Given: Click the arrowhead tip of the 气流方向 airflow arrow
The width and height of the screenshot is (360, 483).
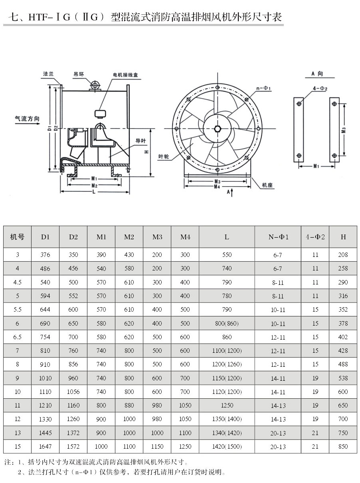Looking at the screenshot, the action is (40, 124).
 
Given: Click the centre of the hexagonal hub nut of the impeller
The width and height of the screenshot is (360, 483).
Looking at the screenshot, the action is (218, 129).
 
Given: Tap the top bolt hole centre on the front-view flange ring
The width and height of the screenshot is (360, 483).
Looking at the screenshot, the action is (218, 87).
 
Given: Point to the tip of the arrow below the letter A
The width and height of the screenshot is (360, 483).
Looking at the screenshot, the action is (231, 189).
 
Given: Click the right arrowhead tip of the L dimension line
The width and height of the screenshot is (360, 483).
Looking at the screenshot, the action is (129, 192).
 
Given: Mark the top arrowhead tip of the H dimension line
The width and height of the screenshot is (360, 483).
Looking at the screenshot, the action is (151, 129).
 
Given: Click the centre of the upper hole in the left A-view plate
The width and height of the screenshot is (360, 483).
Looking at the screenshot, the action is (299, 103).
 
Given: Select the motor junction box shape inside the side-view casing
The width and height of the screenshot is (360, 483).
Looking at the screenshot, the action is (100, 114).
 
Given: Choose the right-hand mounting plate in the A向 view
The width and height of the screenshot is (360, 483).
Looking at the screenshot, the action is (334, 130).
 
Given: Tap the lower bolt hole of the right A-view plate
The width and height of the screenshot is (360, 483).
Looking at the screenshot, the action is (334, 155).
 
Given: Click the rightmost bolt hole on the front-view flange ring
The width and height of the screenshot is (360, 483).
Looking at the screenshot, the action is (259, 129).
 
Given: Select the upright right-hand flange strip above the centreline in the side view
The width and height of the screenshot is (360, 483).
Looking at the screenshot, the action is (128, 107).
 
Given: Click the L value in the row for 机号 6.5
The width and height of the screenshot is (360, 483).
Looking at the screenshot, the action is (227, 337).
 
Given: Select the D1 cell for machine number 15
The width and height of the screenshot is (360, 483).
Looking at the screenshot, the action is (45, 446).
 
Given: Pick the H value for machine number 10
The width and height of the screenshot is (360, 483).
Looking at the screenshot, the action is (343, 392).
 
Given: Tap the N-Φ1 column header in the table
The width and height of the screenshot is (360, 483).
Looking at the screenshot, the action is (278, 237).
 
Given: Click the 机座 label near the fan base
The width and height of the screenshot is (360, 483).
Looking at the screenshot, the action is (267, 185).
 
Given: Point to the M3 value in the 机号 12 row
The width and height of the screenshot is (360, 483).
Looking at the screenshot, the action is (157, 419).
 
